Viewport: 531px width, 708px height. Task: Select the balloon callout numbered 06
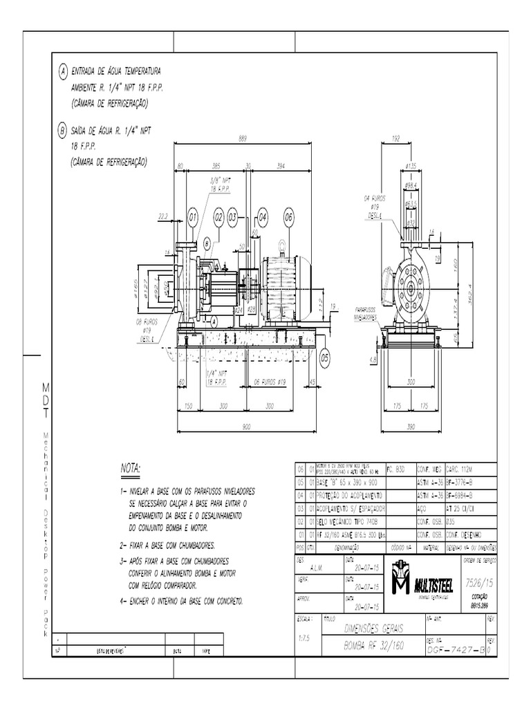pos(288,217)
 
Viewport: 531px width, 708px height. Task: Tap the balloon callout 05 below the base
pos(325,357)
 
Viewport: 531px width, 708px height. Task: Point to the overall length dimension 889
pos(243,138)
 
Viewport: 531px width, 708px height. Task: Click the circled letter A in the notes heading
pos(62,71)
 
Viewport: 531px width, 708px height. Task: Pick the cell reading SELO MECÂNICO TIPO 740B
pos(349,522)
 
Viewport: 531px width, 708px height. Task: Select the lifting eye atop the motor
pos(281,245)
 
